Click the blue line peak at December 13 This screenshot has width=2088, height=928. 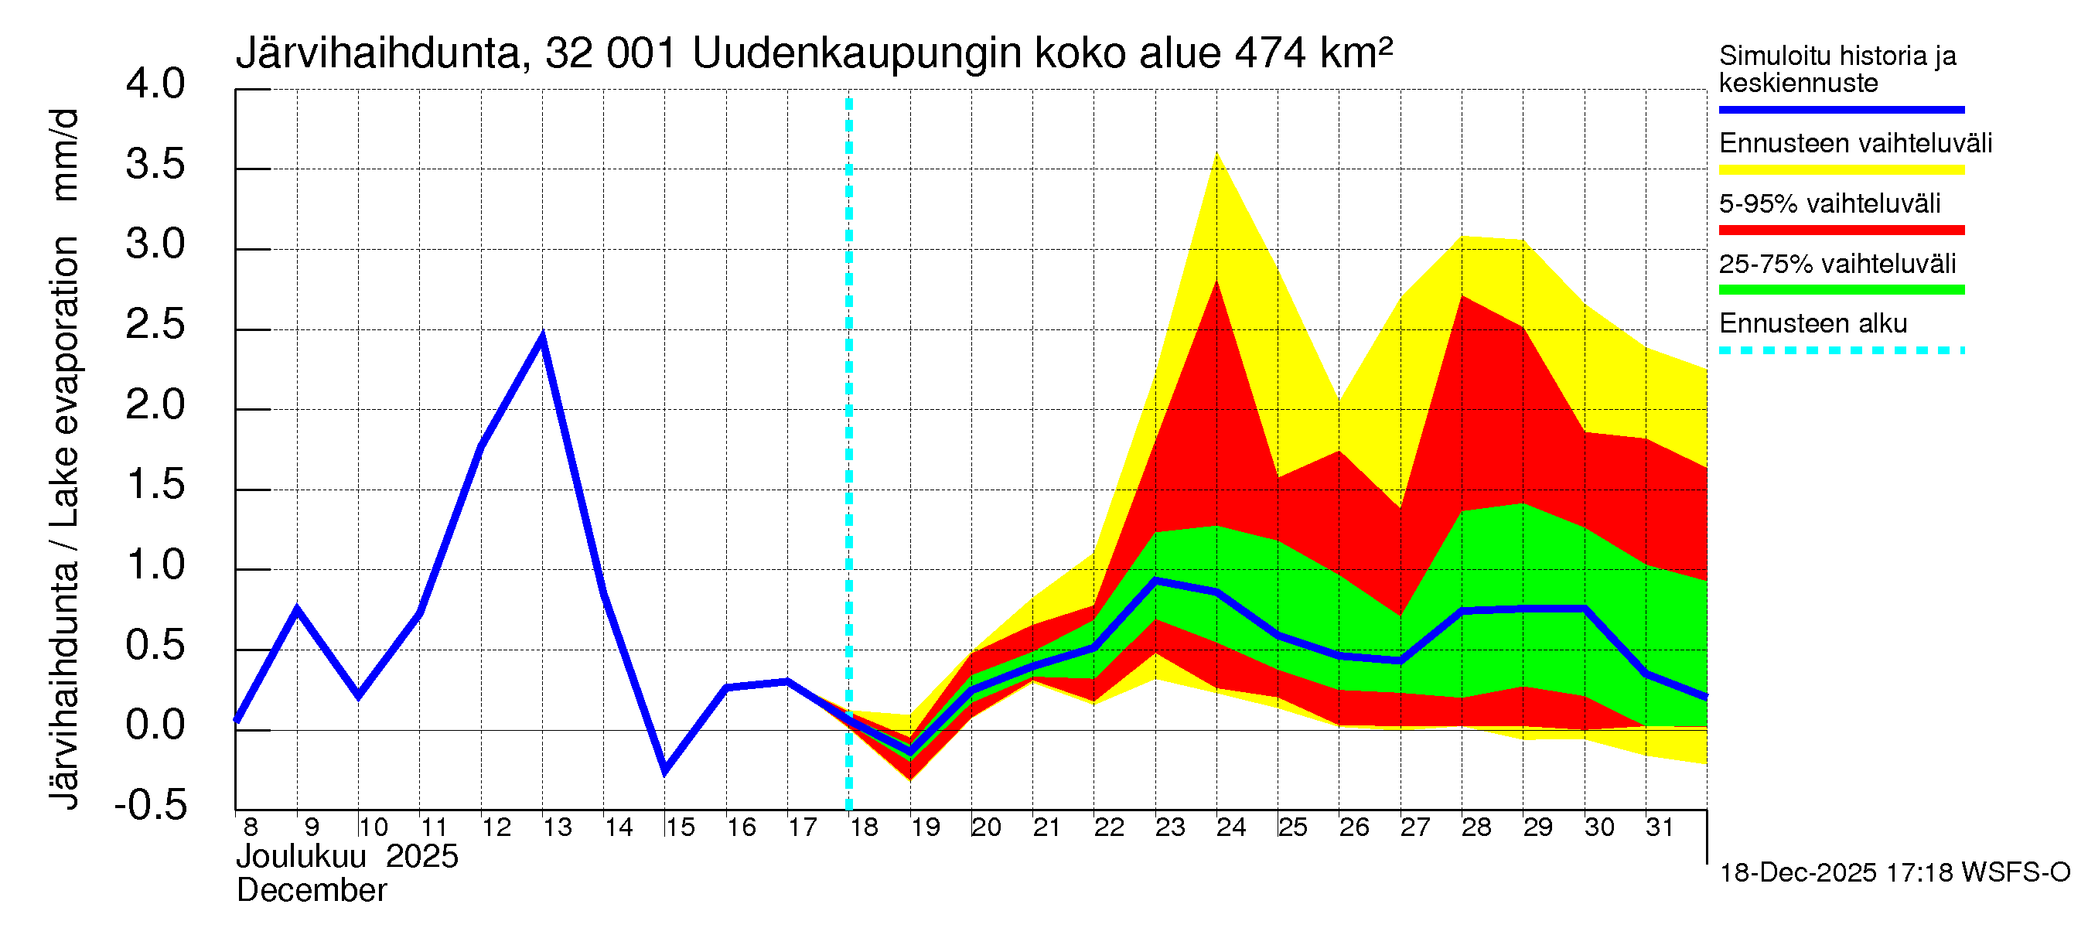pos(542,336)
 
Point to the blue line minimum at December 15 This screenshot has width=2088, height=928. pos(664,771)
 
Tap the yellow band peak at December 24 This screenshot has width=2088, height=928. pos(1216,154)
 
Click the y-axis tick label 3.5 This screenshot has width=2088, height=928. pos(155,165)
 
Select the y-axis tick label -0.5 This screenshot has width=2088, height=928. pos(151,806)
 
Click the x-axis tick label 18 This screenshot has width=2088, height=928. pos(864,827)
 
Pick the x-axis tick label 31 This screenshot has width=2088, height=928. pos(1660,827)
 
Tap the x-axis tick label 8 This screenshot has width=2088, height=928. pos(251,827)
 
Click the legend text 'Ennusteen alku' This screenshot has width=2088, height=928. pos(1813,324)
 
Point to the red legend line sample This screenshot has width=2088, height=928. pos(1841,230)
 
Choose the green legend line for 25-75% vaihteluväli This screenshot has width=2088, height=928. pos(1841,290)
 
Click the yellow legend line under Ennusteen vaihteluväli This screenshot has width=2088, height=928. pos(1841,170)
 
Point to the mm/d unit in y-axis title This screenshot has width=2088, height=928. pos(65,155)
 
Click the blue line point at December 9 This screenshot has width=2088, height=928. pos(298,609)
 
